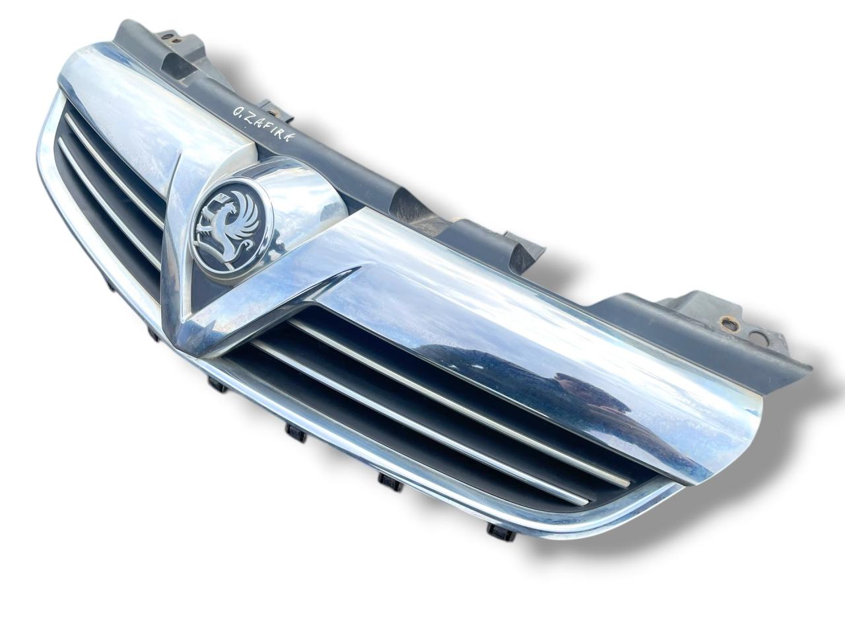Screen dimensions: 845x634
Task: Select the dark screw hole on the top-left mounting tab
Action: [168, 38]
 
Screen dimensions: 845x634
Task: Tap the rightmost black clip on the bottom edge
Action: [496, 531]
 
